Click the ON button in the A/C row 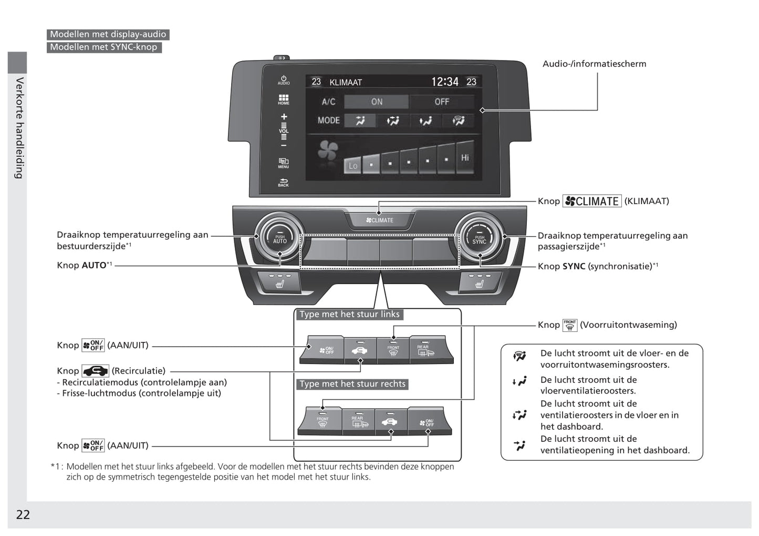click(377, 102)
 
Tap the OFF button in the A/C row click(442, 102)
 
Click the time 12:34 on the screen click(444, 82)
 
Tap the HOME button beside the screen click(284, 99)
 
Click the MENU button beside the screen click(284, 163)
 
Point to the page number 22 click(23, 514)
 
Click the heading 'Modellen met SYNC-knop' click(103, 47)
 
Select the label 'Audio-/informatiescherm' click(594, 64)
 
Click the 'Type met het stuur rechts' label click(352, 384)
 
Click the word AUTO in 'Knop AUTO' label click(94, 265)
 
